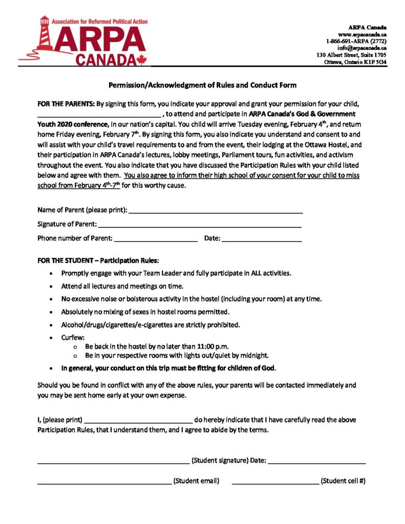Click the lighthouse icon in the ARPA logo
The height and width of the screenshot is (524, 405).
coord(44,36)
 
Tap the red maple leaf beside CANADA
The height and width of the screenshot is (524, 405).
coord(140,59)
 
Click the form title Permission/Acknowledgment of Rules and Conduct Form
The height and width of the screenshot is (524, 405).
coord(202,85)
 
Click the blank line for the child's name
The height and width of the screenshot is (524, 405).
coord(99,115)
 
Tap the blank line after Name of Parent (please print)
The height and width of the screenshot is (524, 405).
coord(216,211)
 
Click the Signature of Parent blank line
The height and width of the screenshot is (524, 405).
coord(199,225)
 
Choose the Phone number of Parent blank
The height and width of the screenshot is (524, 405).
coord(156,238)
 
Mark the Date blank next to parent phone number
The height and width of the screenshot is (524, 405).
coord(262,238)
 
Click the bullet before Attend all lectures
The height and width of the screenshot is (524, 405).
coord(51,287)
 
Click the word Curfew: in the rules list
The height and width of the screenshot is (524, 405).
coord(73,338)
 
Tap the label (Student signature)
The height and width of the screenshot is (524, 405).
coord(220,461)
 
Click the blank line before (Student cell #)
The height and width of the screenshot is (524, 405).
coord(275,482)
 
